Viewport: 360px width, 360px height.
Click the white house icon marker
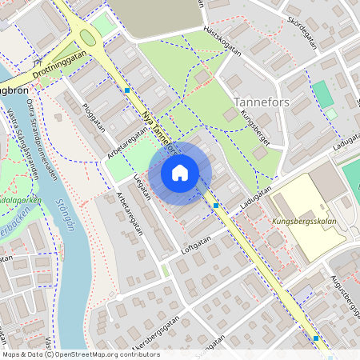pyautogui.click(x=180, y=172)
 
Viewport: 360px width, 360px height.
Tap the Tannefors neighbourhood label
pyautogui.click(x=262, y=102)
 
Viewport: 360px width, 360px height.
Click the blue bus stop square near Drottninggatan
pyautogui.click(x=127, y=90)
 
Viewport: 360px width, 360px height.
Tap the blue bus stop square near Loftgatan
pyautogui.click(x=217, y=206)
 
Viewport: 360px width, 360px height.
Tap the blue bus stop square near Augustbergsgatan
pyautogui.click(x=317, y=338)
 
